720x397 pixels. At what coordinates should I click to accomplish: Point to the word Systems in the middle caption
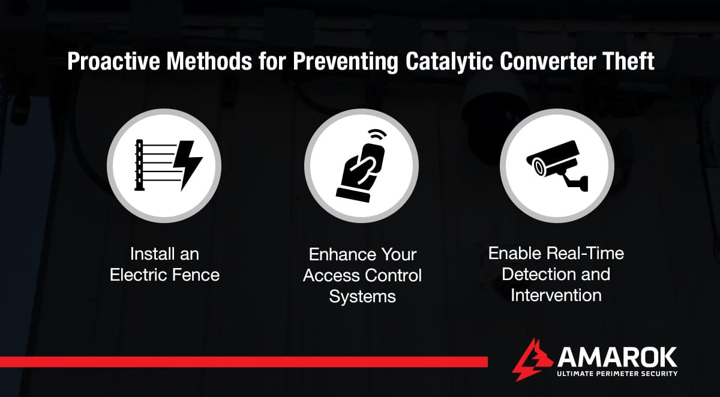coord(362,296)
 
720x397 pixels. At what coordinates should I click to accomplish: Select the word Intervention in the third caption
coord(556,295)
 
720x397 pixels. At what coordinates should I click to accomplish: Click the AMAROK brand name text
coord(616,357)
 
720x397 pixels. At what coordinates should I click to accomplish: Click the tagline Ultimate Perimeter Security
coord(617,374)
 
